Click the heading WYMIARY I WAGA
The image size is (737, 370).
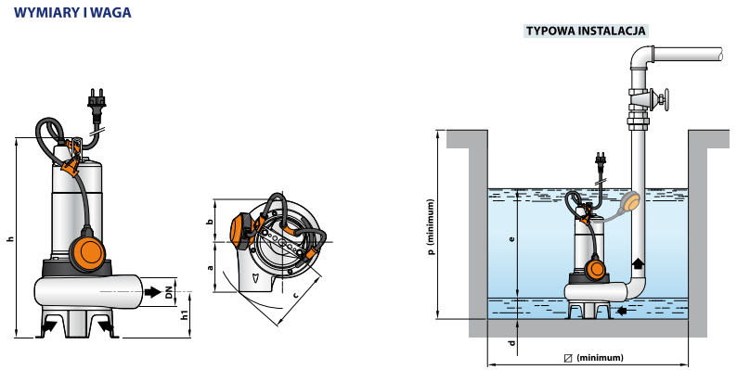coord(72,13)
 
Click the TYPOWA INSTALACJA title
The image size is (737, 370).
coord(586,31)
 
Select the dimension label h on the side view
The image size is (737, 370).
coord(10,239)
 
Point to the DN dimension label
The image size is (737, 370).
coord(169,293)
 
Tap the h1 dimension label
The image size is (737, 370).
coord(186,315)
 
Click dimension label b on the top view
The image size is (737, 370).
coord(210,222)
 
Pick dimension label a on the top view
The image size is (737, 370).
coord(210,268)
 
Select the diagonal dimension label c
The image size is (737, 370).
coord(295,295)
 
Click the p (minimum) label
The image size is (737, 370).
coord(432,226)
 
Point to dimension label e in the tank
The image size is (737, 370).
coord(511,239)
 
